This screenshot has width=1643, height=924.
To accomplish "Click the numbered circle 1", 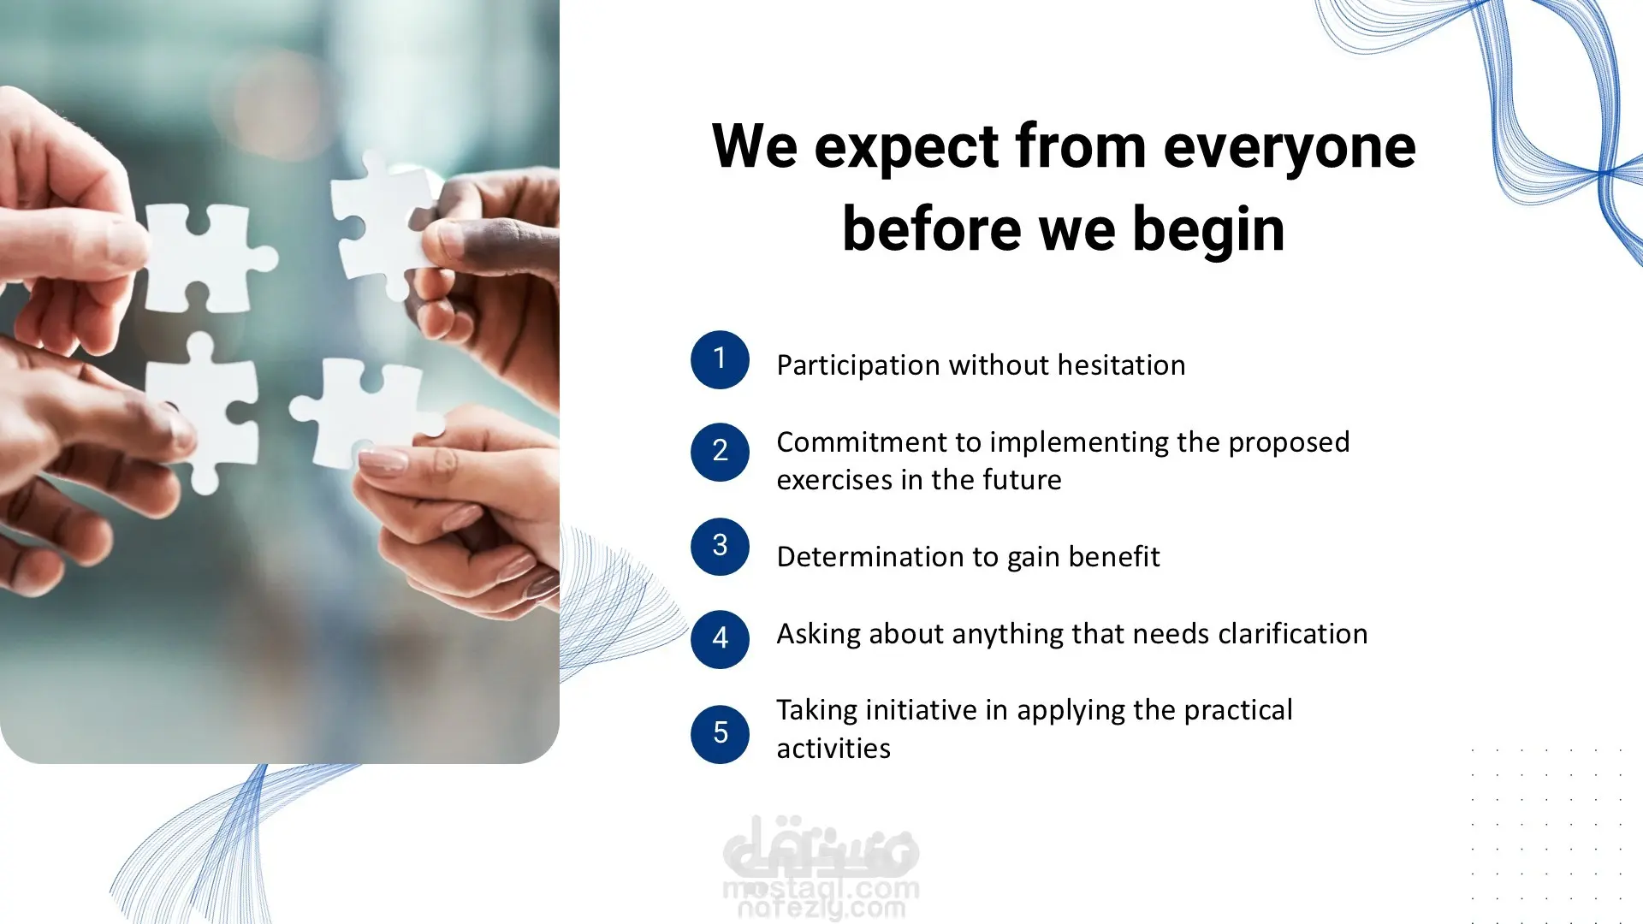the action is [x=720, y=359].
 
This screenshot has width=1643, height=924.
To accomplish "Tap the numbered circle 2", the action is [x=720, y=452].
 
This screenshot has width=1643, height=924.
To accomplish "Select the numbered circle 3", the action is [x=720, y=546].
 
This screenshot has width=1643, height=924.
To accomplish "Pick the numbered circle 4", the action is [x=720, y=638].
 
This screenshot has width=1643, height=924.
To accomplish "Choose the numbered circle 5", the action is [x=720, y=733].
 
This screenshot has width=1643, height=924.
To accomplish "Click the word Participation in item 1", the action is [x=858, y=365].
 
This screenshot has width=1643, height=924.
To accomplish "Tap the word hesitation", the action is [x=1121, y=364].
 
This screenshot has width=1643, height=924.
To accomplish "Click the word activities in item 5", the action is [x=833, y=749].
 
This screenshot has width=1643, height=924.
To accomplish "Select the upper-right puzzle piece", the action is [x=384, y=222].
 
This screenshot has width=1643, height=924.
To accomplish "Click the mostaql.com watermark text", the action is [x=821, y=890].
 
